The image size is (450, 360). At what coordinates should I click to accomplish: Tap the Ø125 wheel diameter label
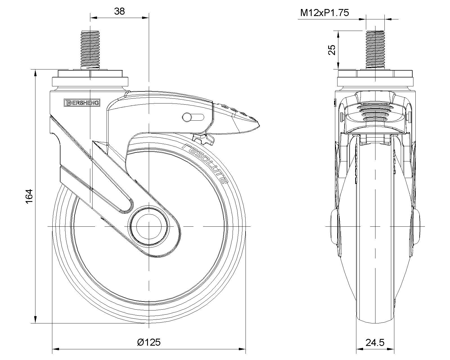[x=149, y=342]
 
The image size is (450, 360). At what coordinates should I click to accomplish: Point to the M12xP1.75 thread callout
[x=325, y=13]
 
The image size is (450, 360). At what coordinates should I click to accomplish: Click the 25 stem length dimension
[x=332, y=50]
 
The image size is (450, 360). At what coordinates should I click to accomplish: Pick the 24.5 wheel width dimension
[x=375, y=342]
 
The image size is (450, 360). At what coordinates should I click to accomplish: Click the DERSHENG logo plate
[x=82, y=103]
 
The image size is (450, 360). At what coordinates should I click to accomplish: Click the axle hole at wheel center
[x=148, y=226]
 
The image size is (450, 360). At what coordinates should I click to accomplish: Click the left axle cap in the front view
[x=334, y=226]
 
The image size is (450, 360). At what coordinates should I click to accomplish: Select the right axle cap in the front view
[x=417, y=226]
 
